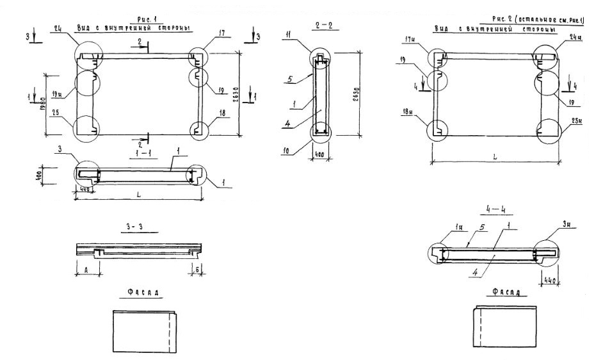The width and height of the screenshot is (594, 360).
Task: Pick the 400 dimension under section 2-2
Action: click(319, 156)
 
